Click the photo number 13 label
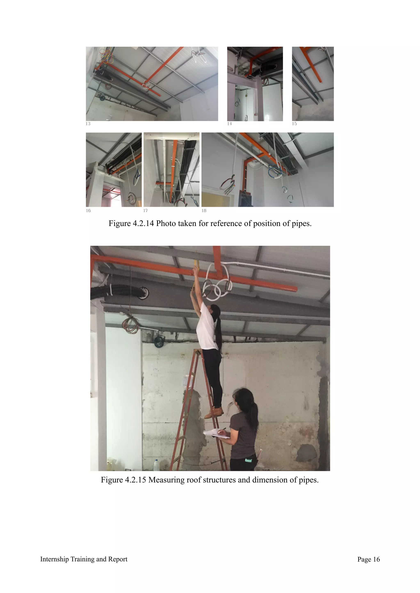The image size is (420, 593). click(88, 124)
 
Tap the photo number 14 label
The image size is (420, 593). click(229, 124)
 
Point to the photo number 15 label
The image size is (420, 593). click(294, 124)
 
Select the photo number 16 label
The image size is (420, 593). click(88, 210)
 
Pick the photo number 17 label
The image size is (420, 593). click(146, 210)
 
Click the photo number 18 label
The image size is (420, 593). click(204, 210)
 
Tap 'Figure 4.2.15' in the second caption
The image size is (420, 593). click(123, 480)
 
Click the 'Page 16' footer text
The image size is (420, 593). click(368, 559)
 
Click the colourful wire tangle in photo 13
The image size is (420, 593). click(107, 56)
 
